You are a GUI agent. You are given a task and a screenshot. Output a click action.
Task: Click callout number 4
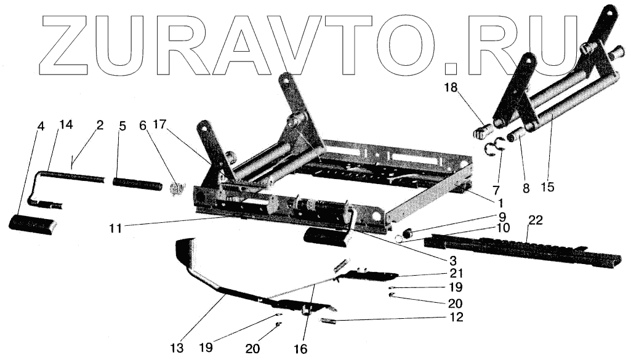click(41, 126)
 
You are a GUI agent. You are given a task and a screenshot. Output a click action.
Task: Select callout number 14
click(65, 126)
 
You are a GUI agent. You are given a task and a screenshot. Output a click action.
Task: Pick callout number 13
click(177, 348)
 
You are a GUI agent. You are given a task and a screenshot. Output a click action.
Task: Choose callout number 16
click(300, 348)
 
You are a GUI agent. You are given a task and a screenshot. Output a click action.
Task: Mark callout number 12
click(456, 318)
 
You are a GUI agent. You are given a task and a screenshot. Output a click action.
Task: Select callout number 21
click(456, 273)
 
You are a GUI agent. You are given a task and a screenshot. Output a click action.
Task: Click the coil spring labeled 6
click(177, 188)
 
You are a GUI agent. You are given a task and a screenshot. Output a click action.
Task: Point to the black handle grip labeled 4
click(32, 224)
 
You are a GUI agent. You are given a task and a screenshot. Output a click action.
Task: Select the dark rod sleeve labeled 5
click(136, 183)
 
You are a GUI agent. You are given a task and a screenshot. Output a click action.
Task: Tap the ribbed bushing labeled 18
click(482, 132)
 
